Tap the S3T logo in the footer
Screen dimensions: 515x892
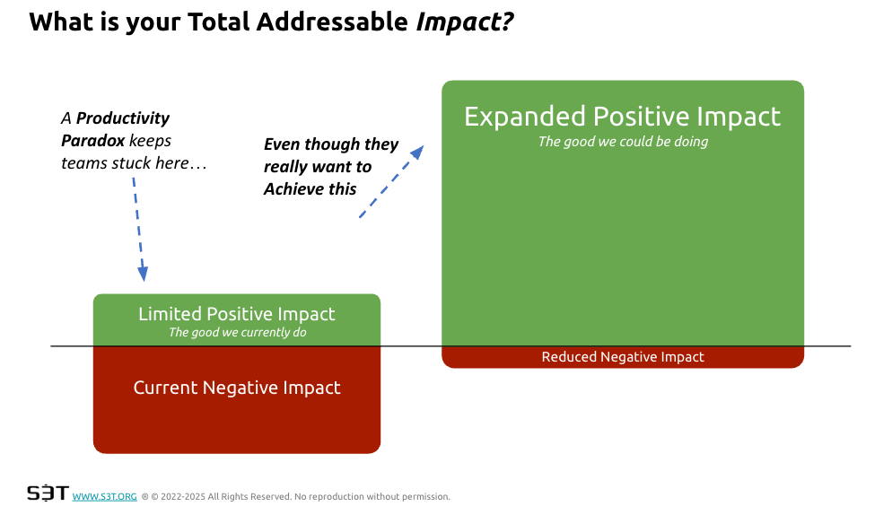(47, 493)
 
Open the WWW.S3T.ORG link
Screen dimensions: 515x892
(104, 496)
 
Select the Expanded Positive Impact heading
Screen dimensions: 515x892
(622, 117)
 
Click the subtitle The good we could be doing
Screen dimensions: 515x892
(622, 142)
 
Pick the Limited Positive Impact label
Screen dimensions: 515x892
(237, 314)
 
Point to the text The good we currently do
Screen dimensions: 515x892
(237, 332)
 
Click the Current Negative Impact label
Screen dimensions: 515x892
(237, 388)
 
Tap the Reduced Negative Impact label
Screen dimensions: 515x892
(622, 357)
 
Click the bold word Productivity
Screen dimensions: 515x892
(123, 118)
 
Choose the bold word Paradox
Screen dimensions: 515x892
(92, 140)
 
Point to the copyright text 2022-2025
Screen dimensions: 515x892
(184, 496)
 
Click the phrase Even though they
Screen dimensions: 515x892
(330, 144)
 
